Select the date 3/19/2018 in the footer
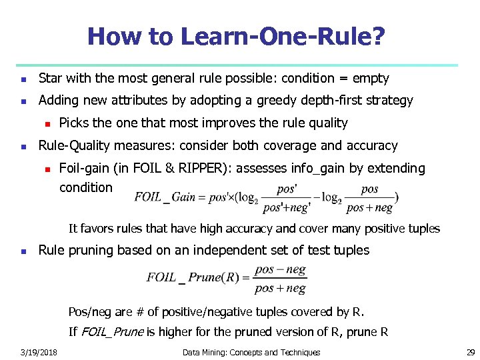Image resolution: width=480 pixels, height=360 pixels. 39,352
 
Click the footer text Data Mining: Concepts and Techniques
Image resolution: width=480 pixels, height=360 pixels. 251,352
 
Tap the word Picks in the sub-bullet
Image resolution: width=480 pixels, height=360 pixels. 74,123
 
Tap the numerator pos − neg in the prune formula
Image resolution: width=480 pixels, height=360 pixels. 280,269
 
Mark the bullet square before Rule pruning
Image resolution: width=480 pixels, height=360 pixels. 23,251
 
